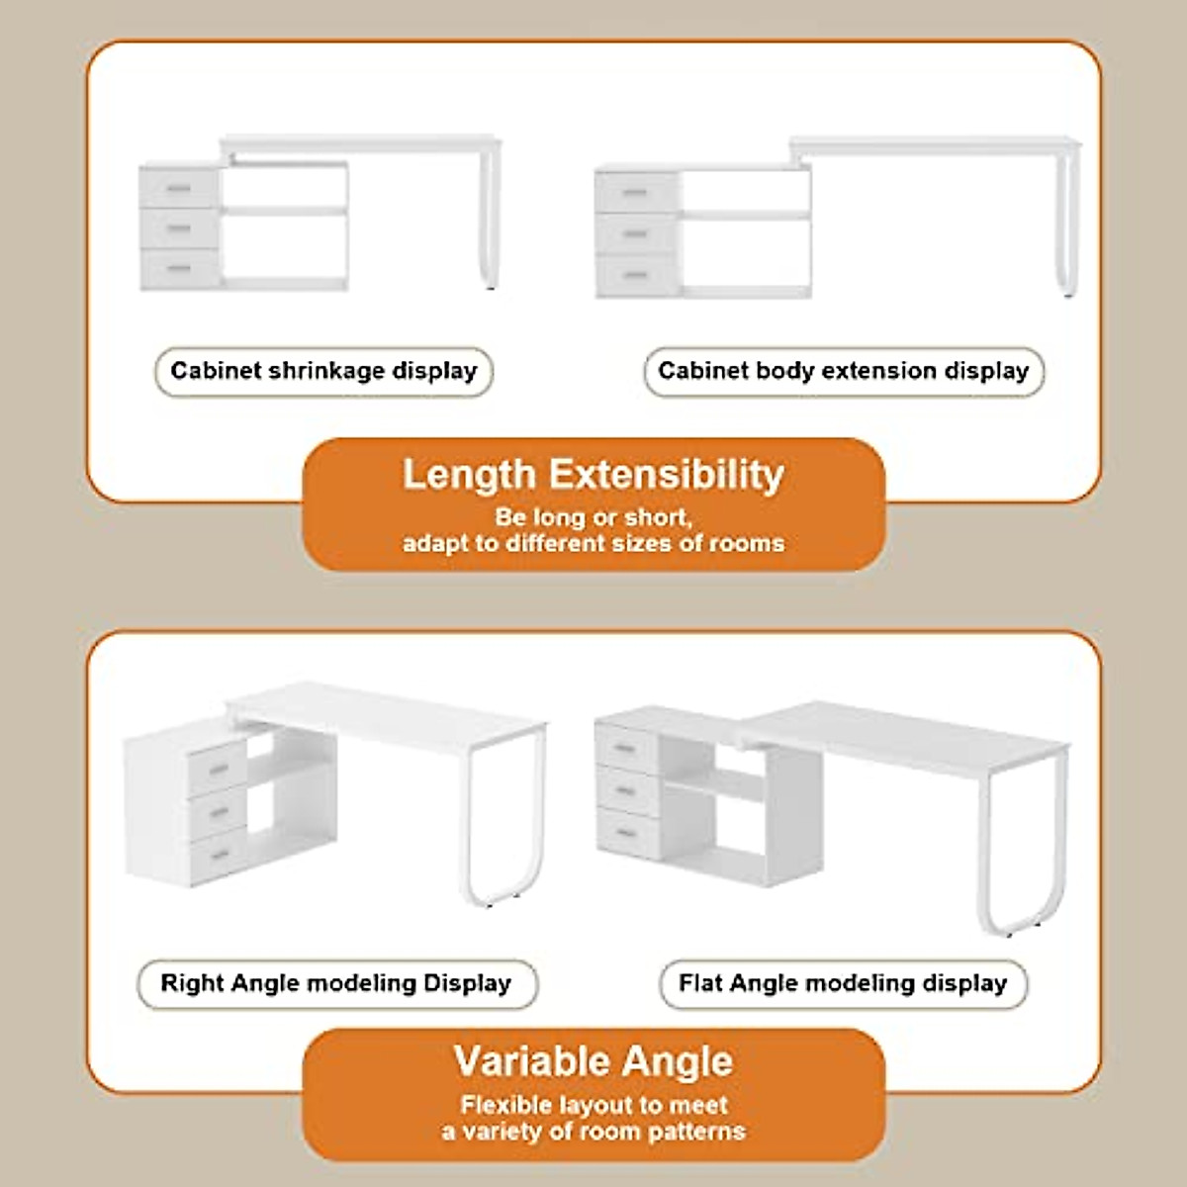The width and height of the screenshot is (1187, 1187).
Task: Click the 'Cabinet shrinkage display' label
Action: (x=323, y=371)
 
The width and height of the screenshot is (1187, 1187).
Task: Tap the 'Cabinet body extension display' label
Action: (x=844, y=371)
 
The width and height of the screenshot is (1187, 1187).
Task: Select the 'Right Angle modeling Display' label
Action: (x=336, y=983)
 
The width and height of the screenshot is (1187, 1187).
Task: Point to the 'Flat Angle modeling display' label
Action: (x=843, y=983)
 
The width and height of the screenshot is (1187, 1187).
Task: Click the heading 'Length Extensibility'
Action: (x=593, y=475)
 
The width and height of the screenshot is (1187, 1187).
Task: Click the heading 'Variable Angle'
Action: (x=593, y=1061)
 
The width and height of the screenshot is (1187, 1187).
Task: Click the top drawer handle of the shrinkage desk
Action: (x=179, y=189)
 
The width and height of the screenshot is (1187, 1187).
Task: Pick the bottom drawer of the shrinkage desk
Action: (x=179, y=268)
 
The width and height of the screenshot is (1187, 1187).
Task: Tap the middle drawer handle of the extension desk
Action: (x=636, y=234)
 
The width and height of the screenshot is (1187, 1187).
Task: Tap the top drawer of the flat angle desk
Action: (x=628, y=747)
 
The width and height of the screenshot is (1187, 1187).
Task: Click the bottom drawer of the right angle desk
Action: (x=218, y=857)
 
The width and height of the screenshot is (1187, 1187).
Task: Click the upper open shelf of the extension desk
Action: (x=744, y=191)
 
